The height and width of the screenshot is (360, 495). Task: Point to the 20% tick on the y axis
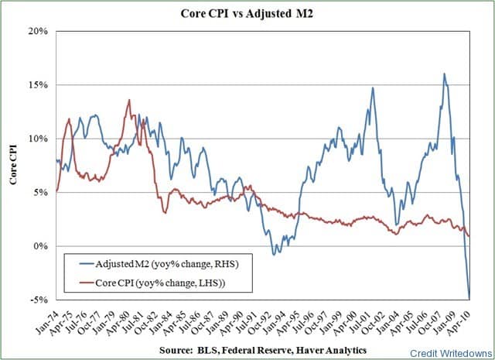coord(40,32)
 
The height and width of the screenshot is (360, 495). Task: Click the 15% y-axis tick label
coord(40,85)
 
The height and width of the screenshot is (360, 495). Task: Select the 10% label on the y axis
coord(40,139)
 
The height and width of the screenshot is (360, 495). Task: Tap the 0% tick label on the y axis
coord(43,246)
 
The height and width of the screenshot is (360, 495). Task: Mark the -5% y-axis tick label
coord(40,300)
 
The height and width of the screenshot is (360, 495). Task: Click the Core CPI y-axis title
coord(13,165)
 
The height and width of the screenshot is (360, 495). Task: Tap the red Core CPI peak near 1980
coord(129,100)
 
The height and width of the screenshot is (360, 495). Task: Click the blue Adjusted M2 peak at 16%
coord(444,74)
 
